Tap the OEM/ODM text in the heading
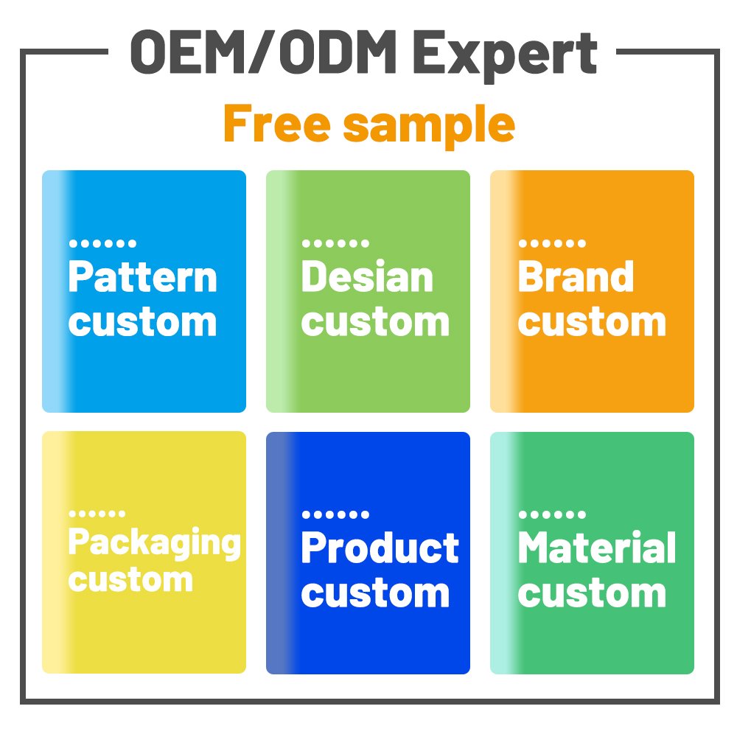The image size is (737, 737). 263,52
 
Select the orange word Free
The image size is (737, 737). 277,123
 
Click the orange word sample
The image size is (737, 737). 429,126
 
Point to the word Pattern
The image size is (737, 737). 143,277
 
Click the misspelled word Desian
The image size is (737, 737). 367,277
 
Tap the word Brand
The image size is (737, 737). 576,277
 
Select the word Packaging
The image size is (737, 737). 155,544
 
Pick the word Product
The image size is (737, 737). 380,548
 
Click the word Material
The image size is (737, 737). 597,547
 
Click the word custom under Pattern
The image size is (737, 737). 143,323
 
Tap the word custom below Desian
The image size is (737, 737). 376,323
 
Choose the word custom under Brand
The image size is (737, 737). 593,323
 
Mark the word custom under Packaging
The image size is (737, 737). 130,579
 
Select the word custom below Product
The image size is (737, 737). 376,593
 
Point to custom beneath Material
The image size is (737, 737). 593,593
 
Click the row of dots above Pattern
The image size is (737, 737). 102,243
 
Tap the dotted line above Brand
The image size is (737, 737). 552,243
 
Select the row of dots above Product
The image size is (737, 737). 335,514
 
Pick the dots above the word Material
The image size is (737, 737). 552,514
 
